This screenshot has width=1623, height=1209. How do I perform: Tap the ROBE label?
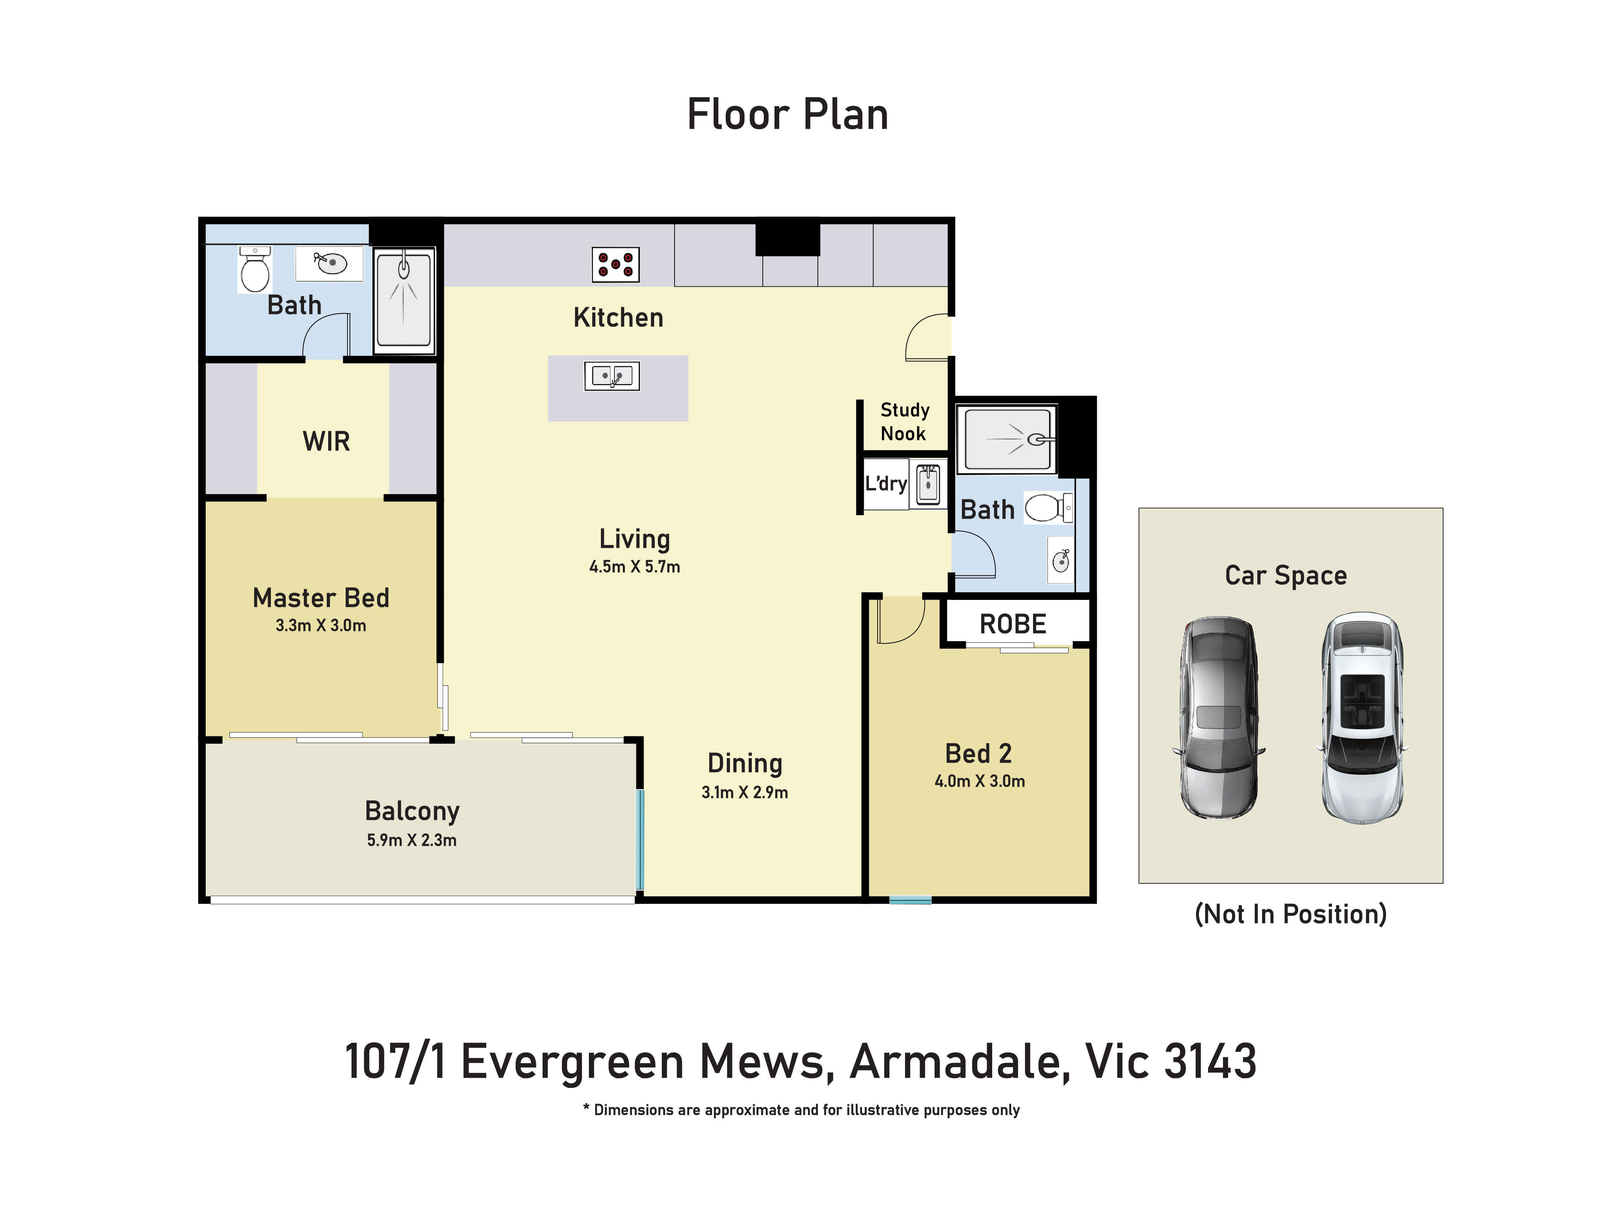[1013, 624]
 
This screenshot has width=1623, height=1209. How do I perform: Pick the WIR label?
[326, 441]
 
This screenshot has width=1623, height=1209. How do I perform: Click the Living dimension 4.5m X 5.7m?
[634, 566]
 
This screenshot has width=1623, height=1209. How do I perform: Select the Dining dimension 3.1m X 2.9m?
[744, 792]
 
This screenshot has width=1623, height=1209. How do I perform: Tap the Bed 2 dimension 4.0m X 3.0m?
[979, 781]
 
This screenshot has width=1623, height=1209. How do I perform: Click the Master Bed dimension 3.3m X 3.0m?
[321, 625]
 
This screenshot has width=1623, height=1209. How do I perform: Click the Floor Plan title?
[787, 115]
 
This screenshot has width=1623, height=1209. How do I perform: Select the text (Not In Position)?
[1290, 914]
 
